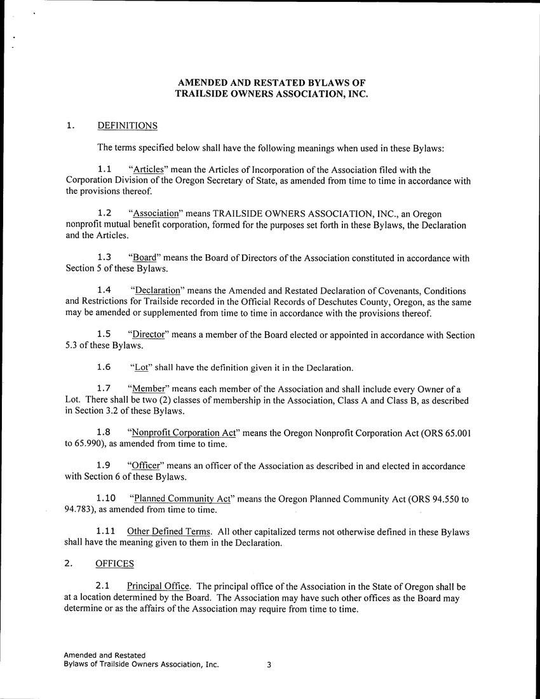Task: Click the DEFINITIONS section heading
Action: [x=127, y=126]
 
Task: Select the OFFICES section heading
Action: [x=114, y=564]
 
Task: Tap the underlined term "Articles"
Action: [x=148, y=170]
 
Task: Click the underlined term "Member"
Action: [x=149, y=389]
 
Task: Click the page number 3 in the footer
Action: [x=269, y=665]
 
